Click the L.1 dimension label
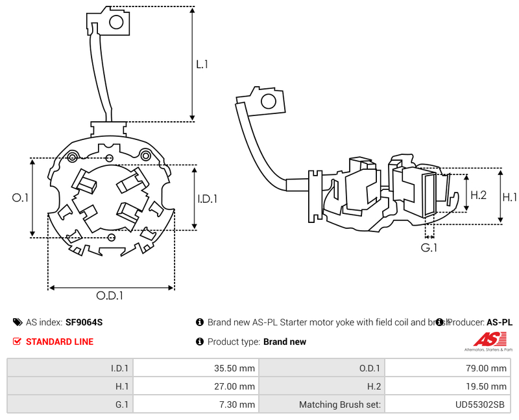tap(202, 64)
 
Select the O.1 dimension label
tap(21, 198)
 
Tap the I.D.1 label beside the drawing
tap(207, 199)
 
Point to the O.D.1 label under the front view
tap(110, 296)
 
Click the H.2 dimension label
tap(478, 194)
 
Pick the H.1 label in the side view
tap(510, 197)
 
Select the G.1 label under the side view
tap(429, 248)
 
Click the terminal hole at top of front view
tap(117, 23)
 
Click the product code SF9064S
tap(84, 322)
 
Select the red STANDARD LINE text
tap(59, 342)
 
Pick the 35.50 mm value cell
tap(195, 368)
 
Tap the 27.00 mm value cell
tap(195, 386)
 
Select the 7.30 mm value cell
tap(195, 404)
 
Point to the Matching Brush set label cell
tap(321, 404)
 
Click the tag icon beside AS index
tap(17, 322)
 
